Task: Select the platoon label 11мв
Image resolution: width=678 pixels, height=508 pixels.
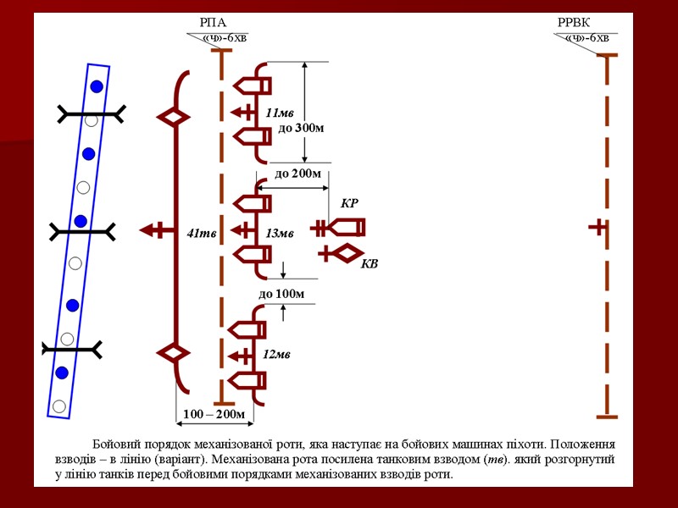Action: (279, 113)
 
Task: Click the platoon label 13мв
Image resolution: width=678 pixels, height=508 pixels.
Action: (279, 234)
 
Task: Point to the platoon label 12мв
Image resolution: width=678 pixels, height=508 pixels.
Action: (277, 354)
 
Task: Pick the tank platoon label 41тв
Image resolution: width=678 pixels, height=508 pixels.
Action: (199, 234)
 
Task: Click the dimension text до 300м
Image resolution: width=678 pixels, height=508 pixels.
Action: (301, 129)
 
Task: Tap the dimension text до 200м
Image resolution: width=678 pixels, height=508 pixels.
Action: (298, 174)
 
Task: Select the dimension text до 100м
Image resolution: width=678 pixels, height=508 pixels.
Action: (281, 295)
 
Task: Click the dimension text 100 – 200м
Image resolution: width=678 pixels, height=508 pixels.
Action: (214, 415)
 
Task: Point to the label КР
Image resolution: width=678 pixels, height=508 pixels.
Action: (349, 204)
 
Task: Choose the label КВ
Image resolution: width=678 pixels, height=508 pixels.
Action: (370, 264)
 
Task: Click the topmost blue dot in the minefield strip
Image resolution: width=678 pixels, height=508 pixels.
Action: (97, 86)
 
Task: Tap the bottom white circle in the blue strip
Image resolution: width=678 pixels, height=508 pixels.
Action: (58, 406)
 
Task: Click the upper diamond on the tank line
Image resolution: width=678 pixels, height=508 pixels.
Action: (174, 118)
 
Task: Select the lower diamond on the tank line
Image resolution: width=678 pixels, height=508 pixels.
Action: (174, 351)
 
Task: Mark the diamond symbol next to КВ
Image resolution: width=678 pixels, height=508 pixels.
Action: (345, 252)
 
